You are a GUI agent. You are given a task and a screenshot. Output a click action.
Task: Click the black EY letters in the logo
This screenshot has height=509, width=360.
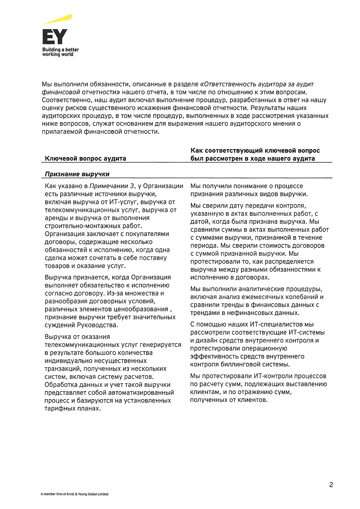coord(55,37)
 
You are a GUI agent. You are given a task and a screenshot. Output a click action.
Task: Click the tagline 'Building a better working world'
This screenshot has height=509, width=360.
coord(60,52)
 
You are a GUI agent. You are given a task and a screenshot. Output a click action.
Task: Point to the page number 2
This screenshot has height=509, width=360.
coord(331,485)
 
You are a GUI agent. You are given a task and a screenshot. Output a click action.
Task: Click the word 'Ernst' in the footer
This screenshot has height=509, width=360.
coord(71,494)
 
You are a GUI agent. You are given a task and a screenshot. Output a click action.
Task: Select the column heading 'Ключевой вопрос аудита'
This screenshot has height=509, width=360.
coord(85,158)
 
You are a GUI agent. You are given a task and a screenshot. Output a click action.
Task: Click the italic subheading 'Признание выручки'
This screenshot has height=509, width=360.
coord(77,174)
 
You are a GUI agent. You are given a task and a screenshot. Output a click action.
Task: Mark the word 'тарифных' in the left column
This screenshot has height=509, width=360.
coord(59,408)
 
